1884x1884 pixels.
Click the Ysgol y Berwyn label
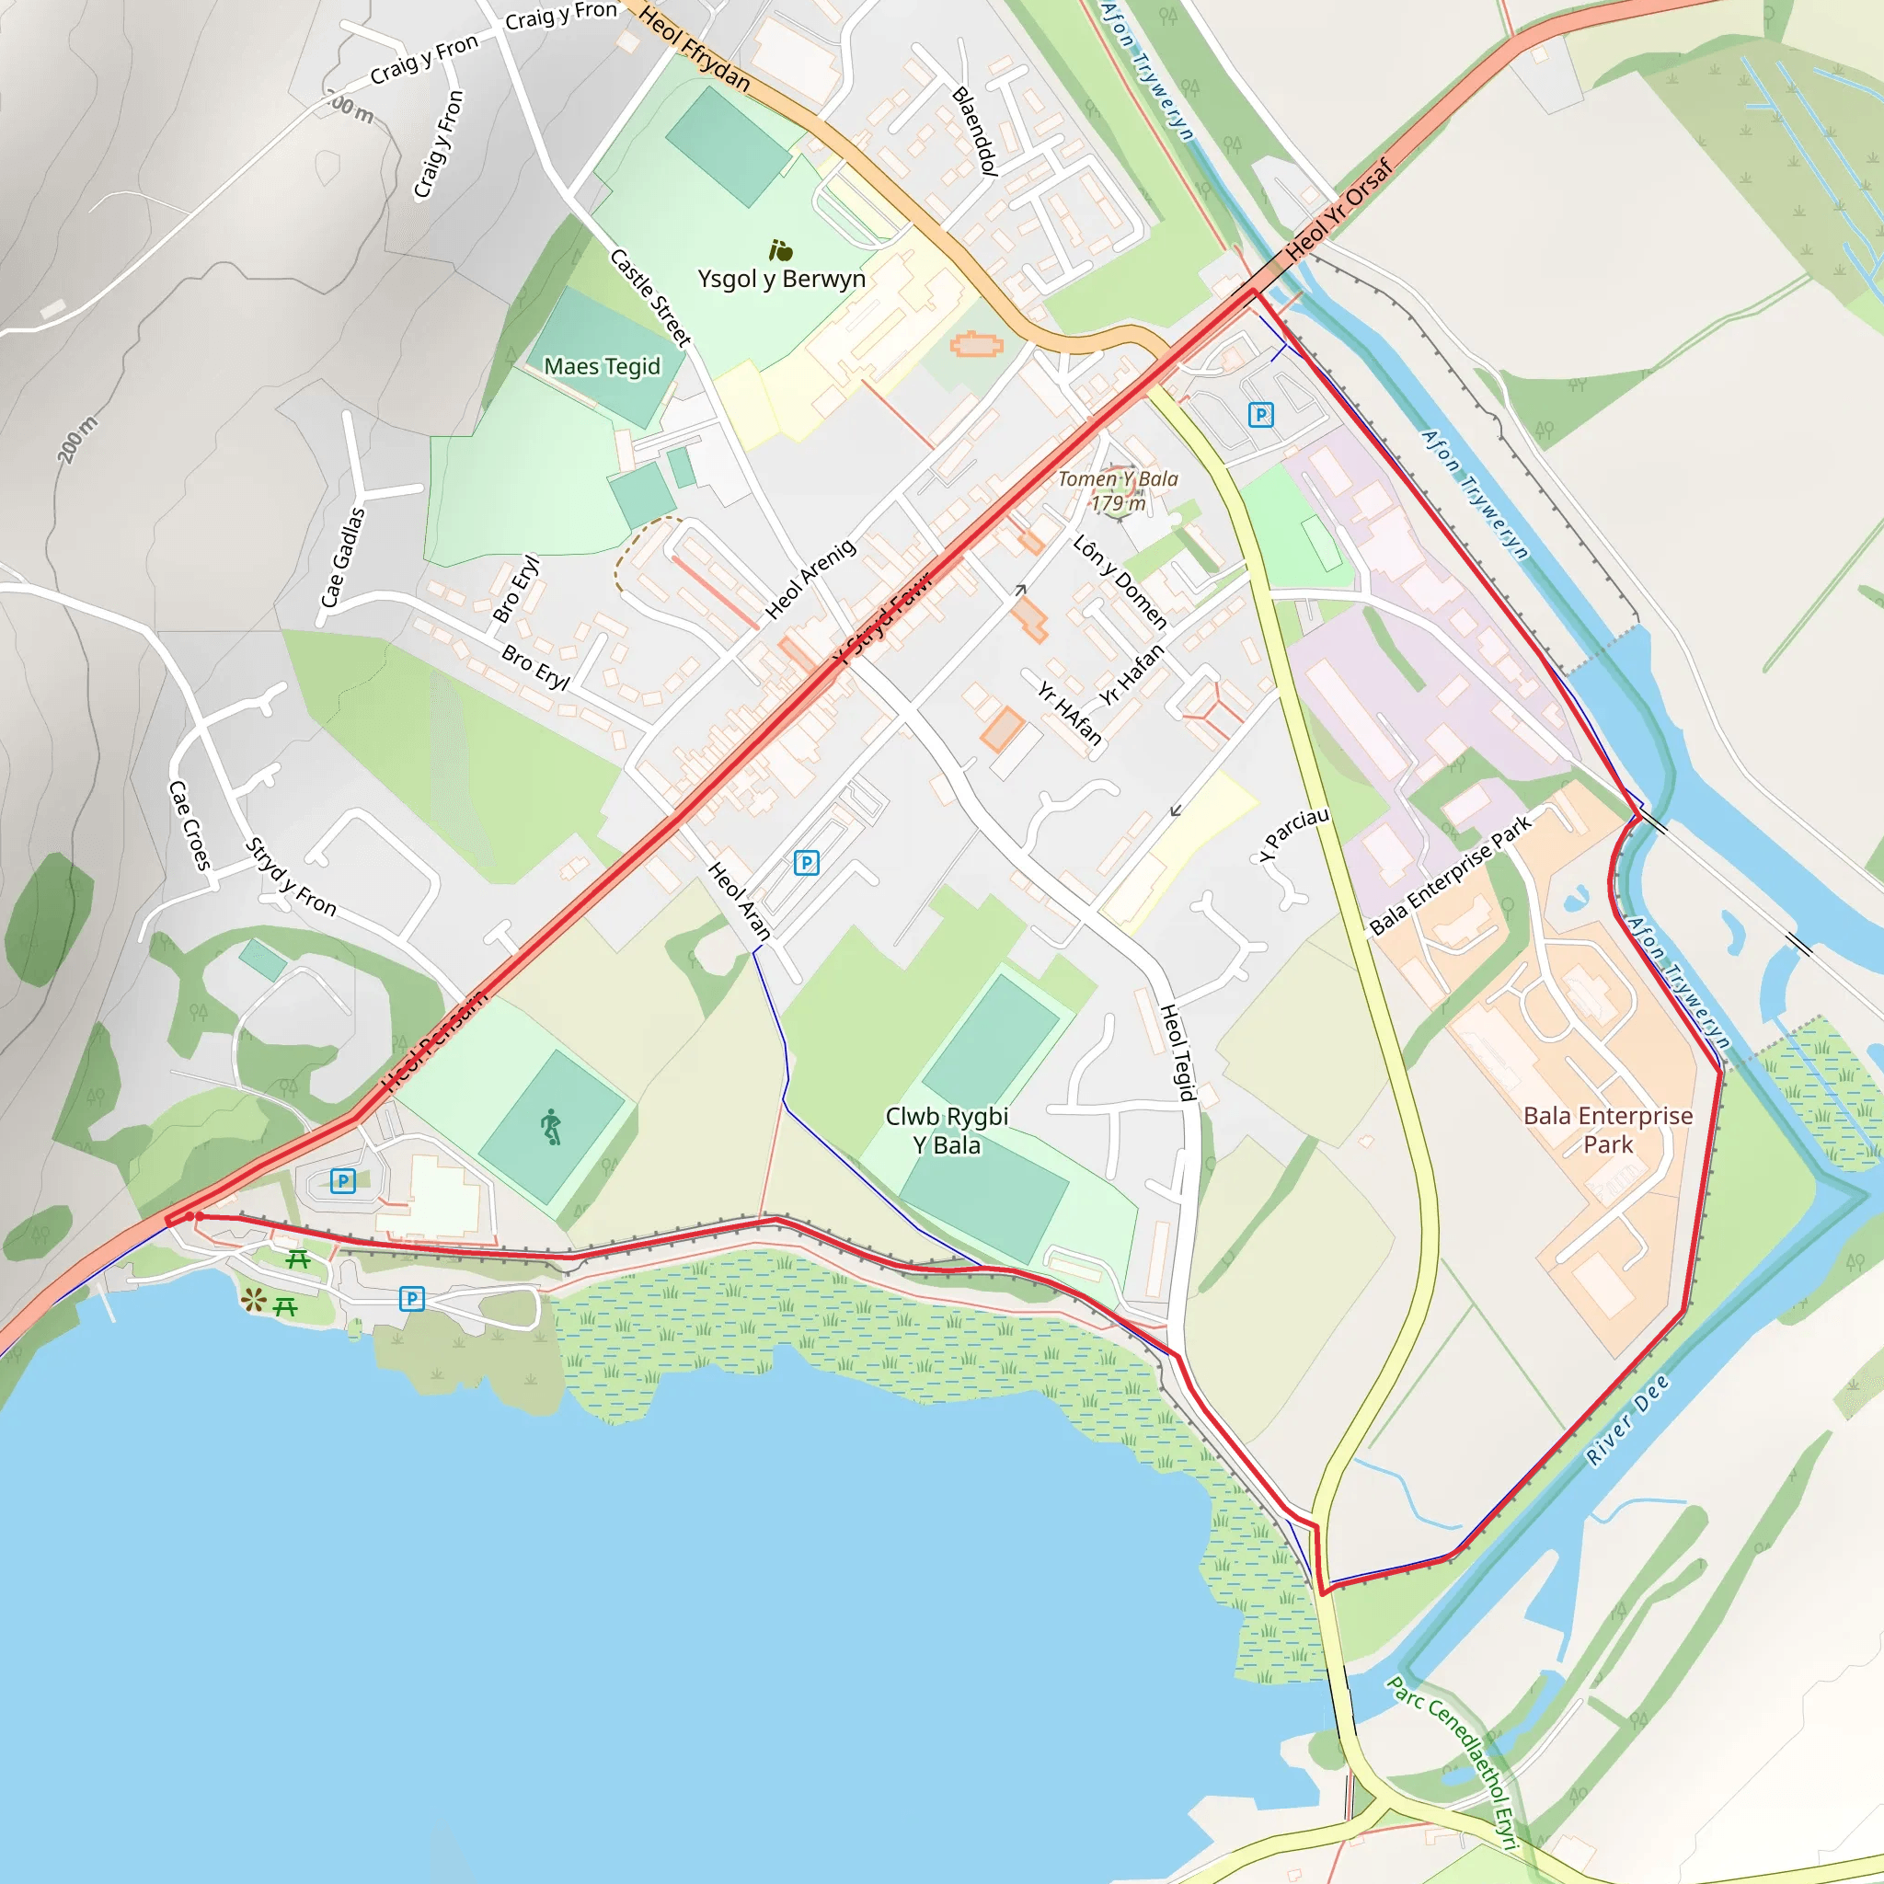(x=781, y=279)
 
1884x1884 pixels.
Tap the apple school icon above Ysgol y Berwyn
(x=780, y=250)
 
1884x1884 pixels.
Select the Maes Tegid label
(x=602, y=367)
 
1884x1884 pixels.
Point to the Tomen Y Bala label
(x=1118, y=490)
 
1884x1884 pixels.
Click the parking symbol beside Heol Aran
(x=807, y=862)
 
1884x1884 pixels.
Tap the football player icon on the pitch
(x=552, y=1126)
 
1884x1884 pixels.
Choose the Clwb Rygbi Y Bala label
(x=946, y=1131)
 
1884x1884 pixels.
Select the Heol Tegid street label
(x=1178, y=1052)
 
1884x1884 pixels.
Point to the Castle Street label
(x=650, y=297)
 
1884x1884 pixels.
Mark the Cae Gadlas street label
(x=343, y=557)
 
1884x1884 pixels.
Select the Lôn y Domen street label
(x=1120, y=581)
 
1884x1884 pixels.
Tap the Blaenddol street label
(x=974, y=131)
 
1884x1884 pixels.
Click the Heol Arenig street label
(x=810, y=579)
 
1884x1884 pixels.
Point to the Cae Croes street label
(x=190, y=824)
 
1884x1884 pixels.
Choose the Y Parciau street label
(x=1293, y=833)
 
